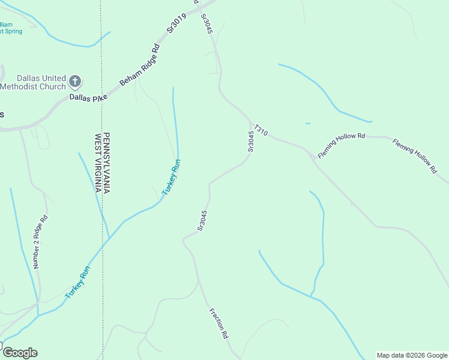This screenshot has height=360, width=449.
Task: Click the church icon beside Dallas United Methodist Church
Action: [75, 80]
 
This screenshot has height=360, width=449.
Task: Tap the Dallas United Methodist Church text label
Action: [34, 82]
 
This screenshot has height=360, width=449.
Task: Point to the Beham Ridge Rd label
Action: [140, 64]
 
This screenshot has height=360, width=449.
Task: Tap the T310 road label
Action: [260, 130]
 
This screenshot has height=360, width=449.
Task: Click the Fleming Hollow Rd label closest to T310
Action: [342, 146]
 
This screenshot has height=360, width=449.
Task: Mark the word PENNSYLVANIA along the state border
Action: [106, 163]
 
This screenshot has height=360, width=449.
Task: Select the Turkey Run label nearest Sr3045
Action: [171, 178]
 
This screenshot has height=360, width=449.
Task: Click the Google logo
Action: [19, 353]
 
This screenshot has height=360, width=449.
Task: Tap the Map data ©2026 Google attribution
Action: [412, 355]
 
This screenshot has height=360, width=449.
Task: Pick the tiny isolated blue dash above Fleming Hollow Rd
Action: [308, 124]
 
